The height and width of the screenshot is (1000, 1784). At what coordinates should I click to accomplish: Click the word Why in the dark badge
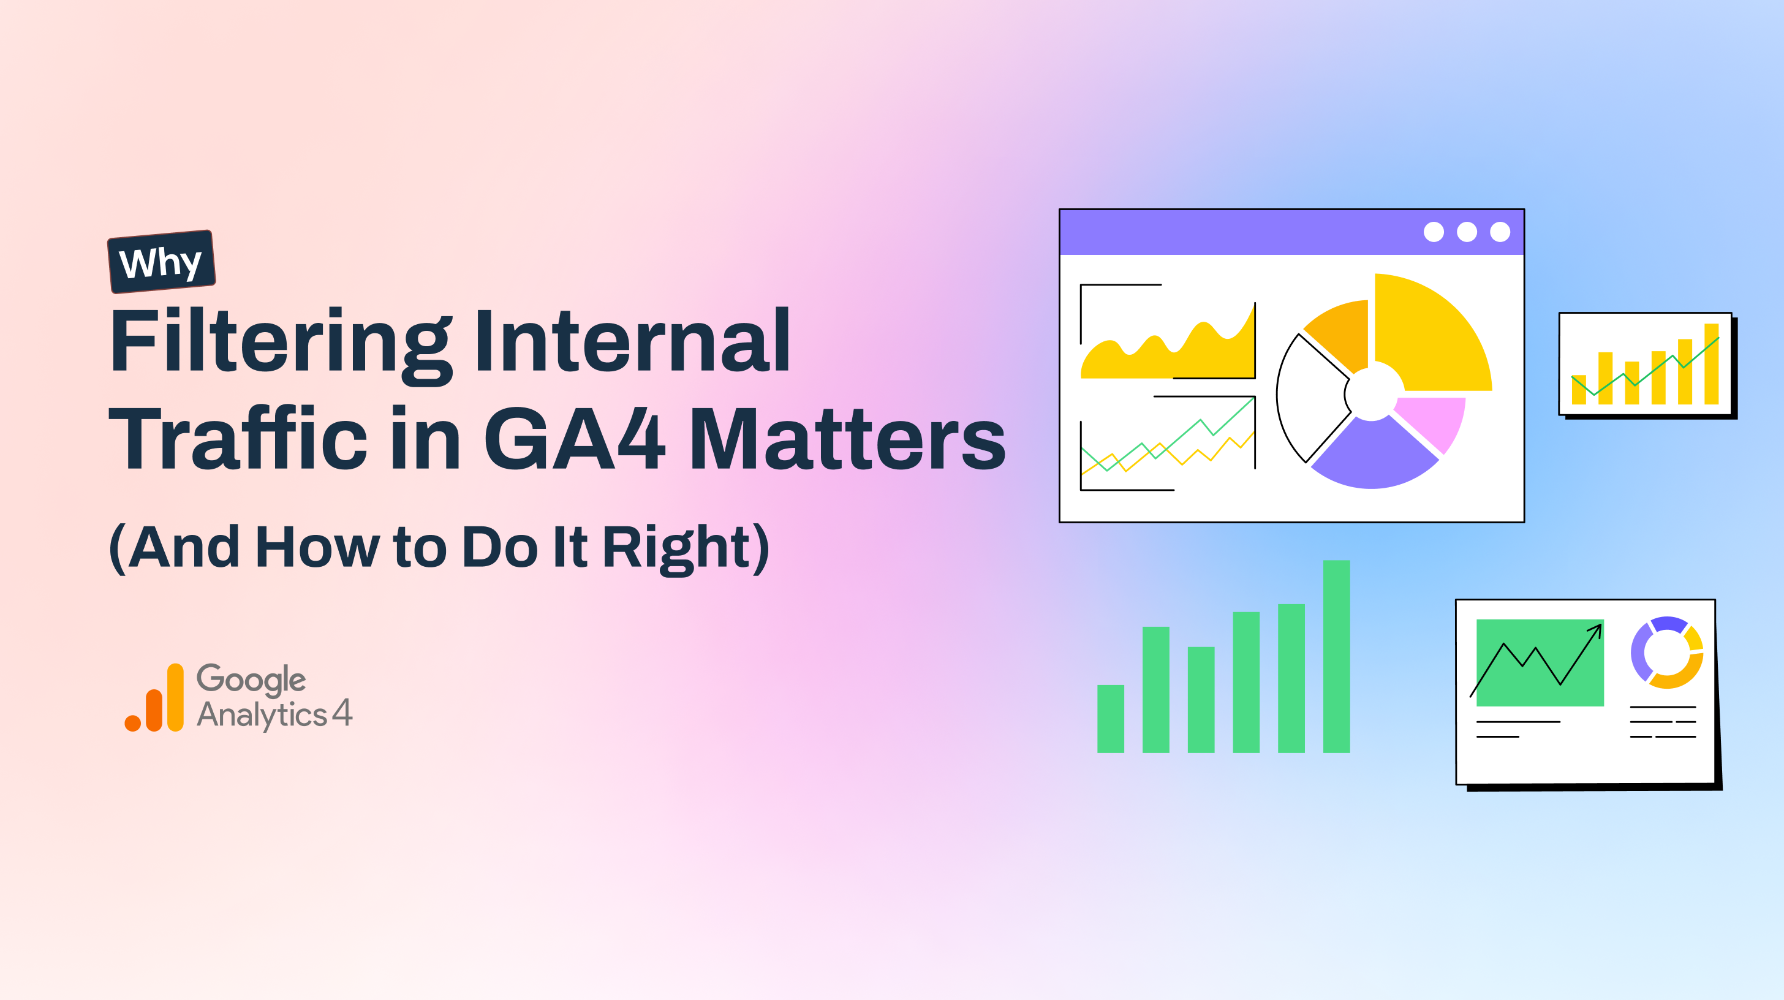(x=161, y=262)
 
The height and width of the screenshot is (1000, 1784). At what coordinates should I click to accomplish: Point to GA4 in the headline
(x=574, y=438)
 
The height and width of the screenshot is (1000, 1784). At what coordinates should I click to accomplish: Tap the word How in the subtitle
(x=317, y=547)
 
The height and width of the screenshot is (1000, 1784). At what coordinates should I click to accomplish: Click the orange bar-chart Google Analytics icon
(x=154, y=697)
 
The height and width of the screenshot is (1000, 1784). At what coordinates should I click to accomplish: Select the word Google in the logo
(x=251, y=680)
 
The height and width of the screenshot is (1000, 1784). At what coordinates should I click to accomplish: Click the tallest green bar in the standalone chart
(x=1336, y=656)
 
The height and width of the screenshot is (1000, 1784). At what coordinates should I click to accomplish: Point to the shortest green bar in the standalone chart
(x=1110, y=719)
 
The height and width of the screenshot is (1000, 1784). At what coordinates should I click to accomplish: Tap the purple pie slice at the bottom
(x=1375, y=458)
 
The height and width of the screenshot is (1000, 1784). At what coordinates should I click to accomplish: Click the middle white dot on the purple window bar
(x=1467, y=232)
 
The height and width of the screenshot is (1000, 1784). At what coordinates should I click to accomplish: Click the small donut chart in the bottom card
(x=1667, y=653)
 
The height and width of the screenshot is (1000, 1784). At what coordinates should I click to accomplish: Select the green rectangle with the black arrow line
(x=1540, y=663)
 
